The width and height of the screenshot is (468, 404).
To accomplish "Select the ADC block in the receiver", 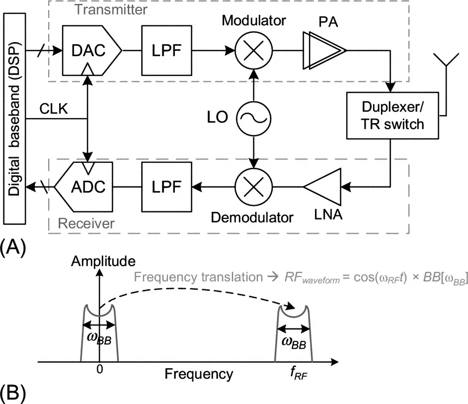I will click(85, 187).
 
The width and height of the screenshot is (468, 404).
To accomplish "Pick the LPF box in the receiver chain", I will click(166, 187).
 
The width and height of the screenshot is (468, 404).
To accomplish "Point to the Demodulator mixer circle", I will click(253, 187).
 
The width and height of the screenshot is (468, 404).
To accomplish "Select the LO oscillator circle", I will click(253, 118).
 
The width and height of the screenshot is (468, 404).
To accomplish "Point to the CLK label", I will click(55, 109).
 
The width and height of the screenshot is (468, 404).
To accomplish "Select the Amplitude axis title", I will click(103, 261).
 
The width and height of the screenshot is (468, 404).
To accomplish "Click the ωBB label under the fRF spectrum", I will click(294, 343).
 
